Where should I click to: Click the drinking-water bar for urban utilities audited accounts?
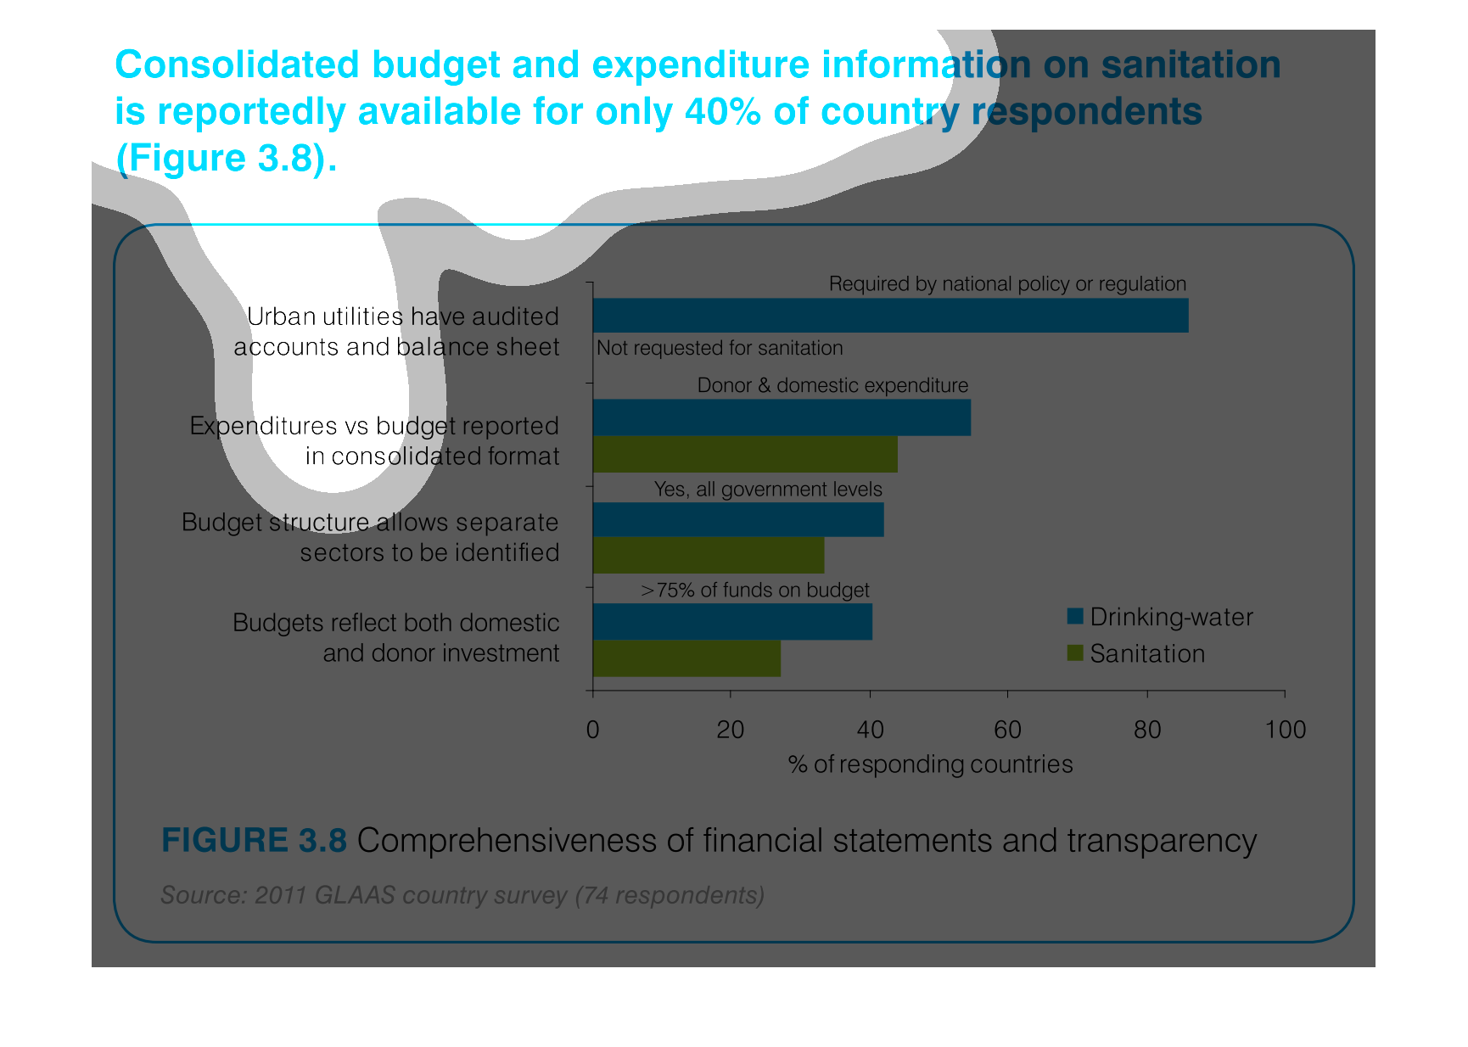(x=890, y=315)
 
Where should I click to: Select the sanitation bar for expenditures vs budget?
(x=745, y=455)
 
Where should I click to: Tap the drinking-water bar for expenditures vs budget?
(x=782, y=417)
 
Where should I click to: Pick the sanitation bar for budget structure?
(x=709, y=556)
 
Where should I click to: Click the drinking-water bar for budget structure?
(x=738, y=519)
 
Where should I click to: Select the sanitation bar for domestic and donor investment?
(x=686, y=659)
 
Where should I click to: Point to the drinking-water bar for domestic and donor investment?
(x=732, y=622)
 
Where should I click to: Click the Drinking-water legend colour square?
(x=1075, y=617)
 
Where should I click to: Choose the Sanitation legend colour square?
(x=1075, y=653)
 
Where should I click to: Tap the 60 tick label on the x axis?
(x=1007, y=730)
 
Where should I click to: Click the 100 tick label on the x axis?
(x=1285, y=730)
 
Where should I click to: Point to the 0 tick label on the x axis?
(x=592, y=730)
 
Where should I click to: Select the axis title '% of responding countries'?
(x=930, y=764)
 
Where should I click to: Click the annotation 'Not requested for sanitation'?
(x=720, y=348)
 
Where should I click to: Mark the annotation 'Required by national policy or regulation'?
(x=1007, y=283)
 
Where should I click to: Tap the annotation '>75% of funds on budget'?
(x=754, y=590)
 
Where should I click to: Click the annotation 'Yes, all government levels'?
(x=768, y=490)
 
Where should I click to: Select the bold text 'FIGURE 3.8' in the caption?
(x=254, y=840)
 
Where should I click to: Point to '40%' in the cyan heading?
(x=722, y=111)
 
